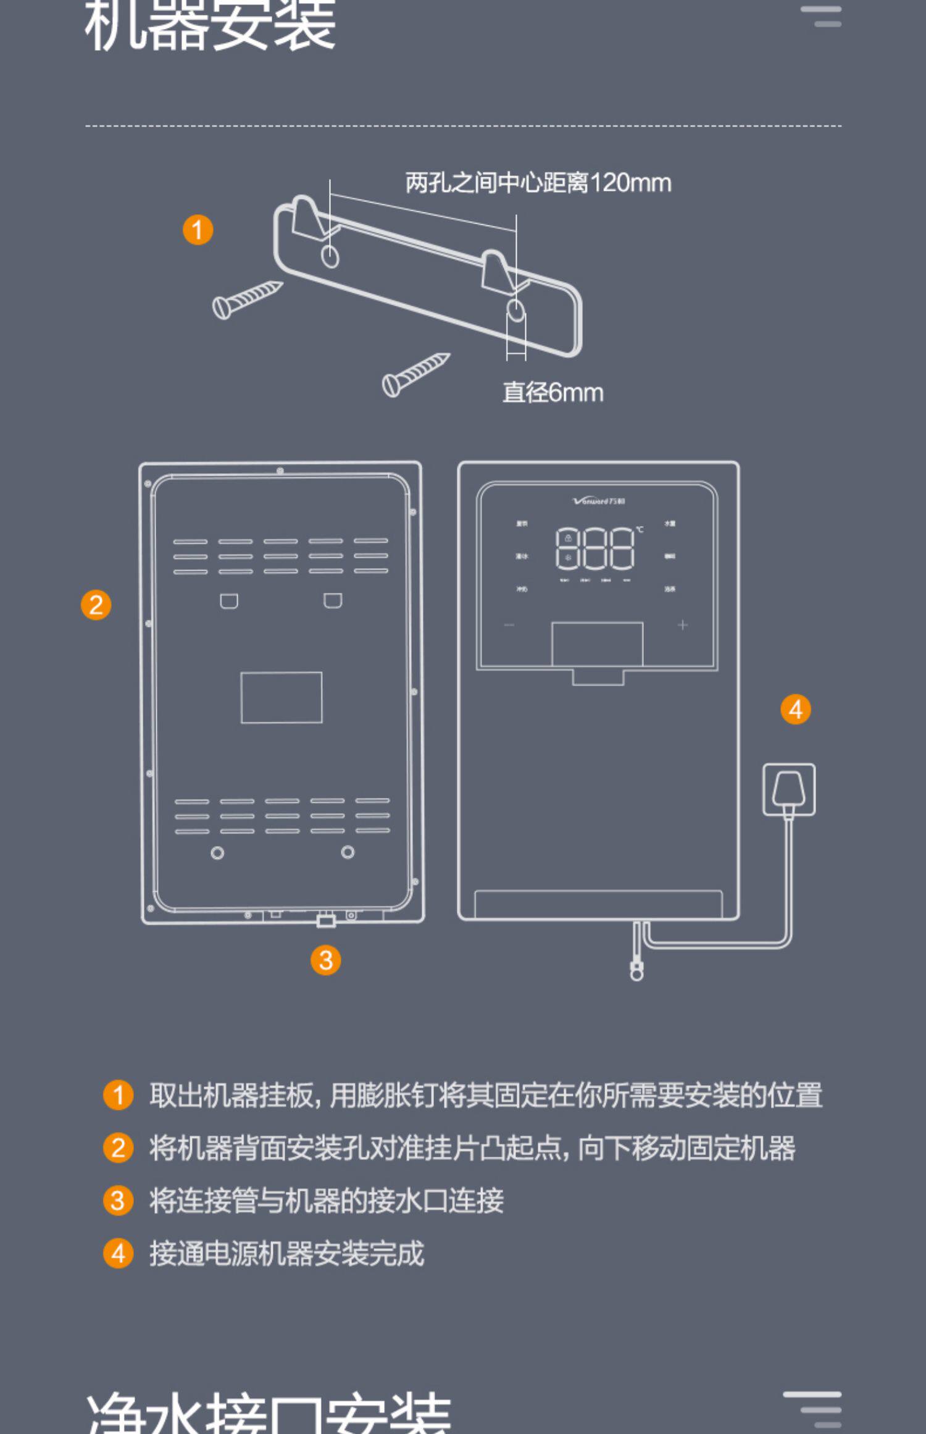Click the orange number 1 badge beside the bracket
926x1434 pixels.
[198, 230]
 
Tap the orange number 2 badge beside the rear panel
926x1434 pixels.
[96, 605]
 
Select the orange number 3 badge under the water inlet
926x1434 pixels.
[325, 960]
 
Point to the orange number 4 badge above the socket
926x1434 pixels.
[795, 709]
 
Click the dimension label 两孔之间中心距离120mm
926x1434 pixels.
[538, 183]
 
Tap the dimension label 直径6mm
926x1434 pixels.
[553, 393]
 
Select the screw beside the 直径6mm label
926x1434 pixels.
[415, 374]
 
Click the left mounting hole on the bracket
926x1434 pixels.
[330, 256]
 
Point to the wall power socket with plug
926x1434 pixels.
[788, 790]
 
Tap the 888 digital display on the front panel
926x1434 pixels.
[594, 548]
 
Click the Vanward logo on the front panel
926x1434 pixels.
[598, 501]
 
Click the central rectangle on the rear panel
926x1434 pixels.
[282, 697]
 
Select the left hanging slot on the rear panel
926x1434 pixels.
[229, 600]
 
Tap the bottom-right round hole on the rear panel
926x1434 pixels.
[348, 852]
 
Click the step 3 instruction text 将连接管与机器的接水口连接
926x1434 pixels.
[326, 1201]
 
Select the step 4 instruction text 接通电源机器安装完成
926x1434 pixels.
[286, 1254]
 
